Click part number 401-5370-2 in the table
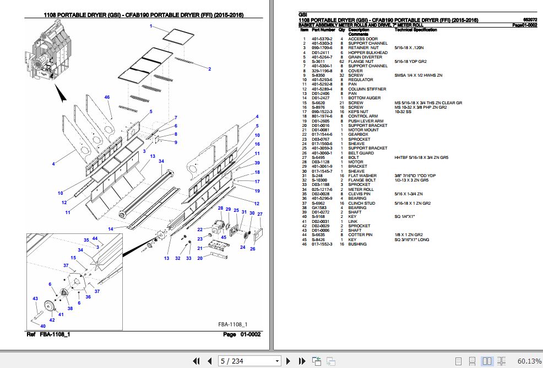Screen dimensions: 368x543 322,39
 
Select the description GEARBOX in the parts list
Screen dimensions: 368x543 358,135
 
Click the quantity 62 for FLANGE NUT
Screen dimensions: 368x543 342,61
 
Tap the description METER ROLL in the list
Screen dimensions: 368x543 361,189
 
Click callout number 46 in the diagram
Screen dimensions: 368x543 107,97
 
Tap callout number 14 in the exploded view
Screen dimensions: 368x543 110,229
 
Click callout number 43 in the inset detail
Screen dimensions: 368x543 35,298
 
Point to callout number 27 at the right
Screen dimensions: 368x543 260,214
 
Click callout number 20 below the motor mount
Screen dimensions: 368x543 200,258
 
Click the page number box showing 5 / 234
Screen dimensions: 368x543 249,361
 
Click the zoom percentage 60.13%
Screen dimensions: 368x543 529,361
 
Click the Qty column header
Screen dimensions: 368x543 341,29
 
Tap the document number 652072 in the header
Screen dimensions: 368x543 529,19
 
